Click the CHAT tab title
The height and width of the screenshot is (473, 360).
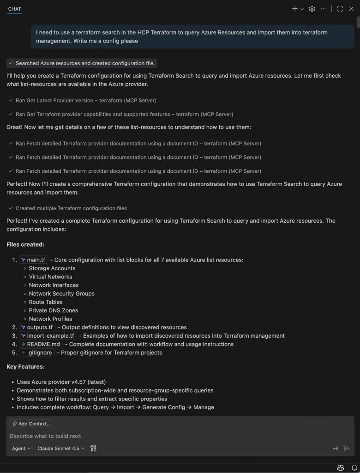[x=14, y=9]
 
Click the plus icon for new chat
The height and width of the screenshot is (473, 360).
[x=295, y=9]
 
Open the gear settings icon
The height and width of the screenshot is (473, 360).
[x=312, y=9]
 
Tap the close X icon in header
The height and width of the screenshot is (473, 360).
[x=351, y=9]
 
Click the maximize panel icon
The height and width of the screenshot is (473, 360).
[x=340, y=9]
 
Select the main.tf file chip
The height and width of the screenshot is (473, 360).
[x=33, y=260]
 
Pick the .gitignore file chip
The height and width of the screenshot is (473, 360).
[x=36, y=352]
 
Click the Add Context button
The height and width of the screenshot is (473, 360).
[x=31, y=424]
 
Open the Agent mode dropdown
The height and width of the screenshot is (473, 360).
[x=21, y=448]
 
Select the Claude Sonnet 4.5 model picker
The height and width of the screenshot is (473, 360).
[x=61, y=448]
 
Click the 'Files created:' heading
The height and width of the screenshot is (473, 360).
[x=25, y=244]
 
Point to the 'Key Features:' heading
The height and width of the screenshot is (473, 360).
[x=25, y=366]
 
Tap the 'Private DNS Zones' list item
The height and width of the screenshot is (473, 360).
[x=53, y=310]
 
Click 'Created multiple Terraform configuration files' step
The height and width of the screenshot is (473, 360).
[x=71, y=208]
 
